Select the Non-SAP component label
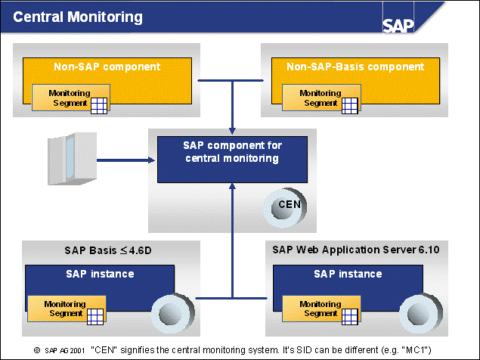pos(107,67)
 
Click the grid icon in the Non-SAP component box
pos(100,105)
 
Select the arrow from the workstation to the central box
pos(125,160)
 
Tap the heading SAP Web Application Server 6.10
pos(355,249)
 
